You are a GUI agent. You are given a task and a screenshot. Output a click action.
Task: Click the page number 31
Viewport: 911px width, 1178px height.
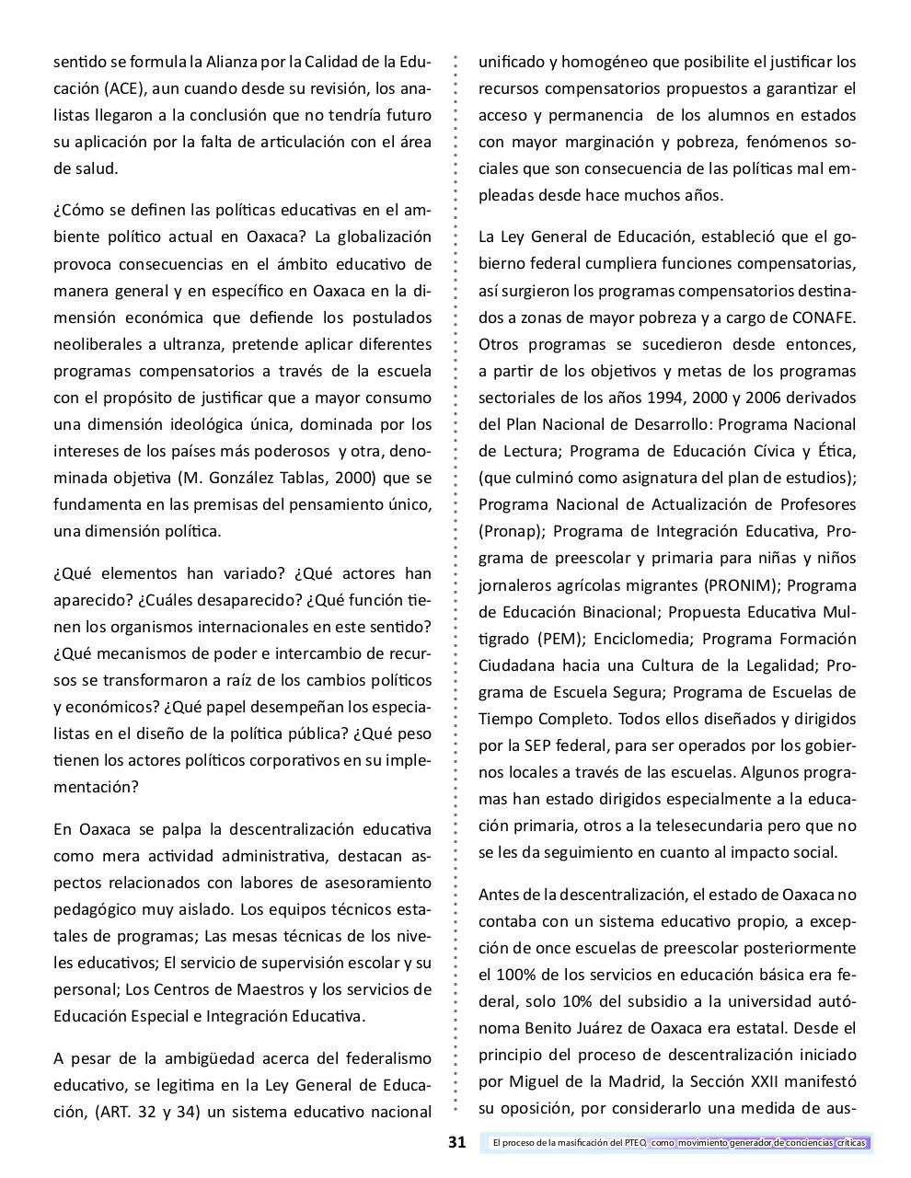456,1143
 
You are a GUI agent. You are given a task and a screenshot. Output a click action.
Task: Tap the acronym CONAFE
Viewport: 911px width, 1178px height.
823,318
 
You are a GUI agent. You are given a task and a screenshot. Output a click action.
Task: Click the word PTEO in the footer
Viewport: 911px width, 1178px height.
634,1143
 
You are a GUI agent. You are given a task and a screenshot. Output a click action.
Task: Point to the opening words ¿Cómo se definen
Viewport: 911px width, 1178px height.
113,211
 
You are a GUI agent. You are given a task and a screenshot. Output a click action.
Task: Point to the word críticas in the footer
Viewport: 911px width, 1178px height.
852,1143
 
